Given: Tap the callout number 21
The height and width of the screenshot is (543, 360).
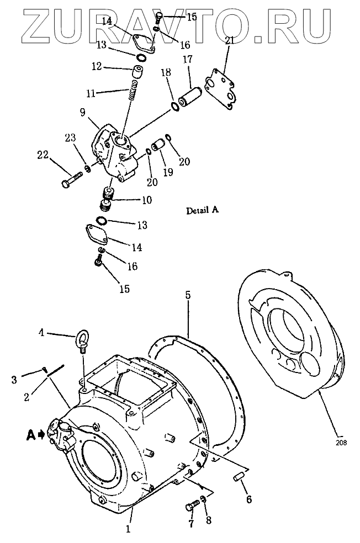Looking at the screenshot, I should (x=230, y=40).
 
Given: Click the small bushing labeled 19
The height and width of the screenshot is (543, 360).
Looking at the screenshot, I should (x=160, y=146).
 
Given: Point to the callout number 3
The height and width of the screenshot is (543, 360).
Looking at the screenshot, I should (x=15, y=379).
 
